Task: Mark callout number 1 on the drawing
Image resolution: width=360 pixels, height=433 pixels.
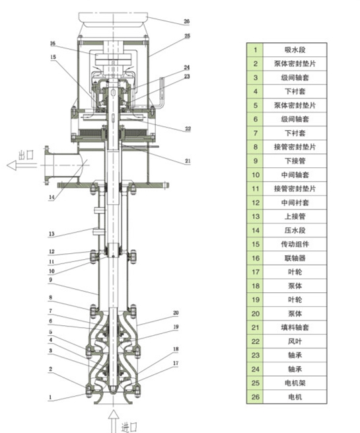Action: pos(51,397)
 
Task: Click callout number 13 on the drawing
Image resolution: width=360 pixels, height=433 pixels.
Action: pos(51,233)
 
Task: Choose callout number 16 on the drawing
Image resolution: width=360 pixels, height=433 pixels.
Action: pos(52,43)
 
